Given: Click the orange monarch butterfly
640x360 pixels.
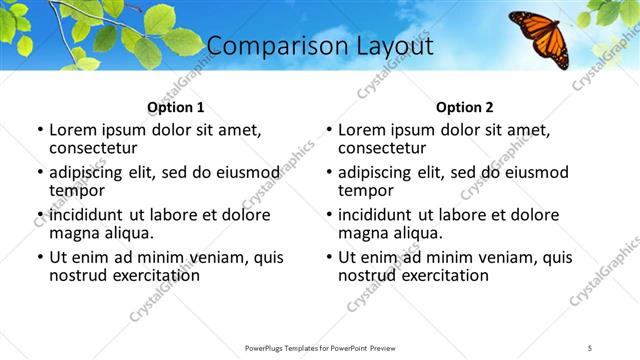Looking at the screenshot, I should pyautogui.click(x=540, y=37).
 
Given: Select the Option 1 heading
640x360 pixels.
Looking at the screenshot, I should pyautogui.click(x=176, y=107).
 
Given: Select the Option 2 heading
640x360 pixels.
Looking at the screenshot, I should pyautogui.click(x=465, y=107).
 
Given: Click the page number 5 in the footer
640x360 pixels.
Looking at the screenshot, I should pyautogui.click(x=590, y=347).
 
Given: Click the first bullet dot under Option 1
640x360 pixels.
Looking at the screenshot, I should pyautogui.click(x=39, y=130).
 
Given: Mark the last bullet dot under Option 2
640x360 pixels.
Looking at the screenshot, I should pyautogui.click(x=329, y=257).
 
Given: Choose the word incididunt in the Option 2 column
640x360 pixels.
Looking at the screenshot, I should pyautogui.click(x=380, y=215).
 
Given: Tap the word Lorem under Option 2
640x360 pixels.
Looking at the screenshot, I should pyautogui.click(x=361, y=130).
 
